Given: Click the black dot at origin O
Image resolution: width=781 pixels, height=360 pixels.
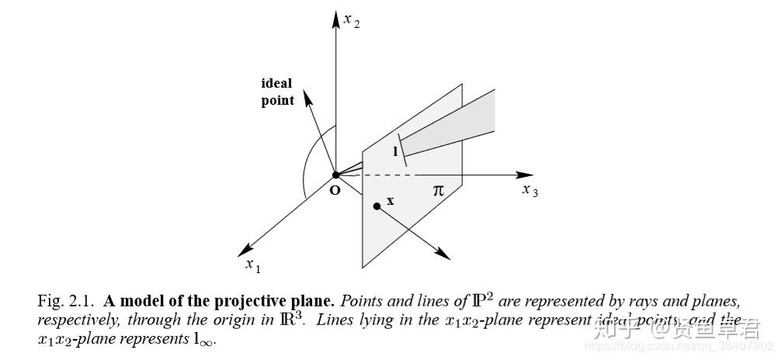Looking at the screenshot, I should [x=336, y=175].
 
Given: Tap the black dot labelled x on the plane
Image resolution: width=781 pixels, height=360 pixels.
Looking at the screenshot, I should [x=377, y=206].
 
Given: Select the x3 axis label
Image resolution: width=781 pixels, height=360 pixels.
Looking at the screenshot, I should [x=529, y=190].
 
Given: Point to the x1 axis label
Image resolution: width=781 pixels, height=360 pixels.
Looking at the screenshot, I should [x=253, y=265].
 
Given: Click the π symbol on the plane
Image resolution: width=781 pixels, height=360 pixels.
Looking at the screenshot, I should [x=438, y=189].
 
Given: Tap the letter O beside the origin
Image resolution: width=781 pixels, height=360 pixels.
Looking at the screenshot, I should [x=335, y=189].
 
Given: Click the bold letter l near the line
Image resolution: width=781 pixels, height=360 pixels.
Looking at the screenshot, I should [x=394, y=151].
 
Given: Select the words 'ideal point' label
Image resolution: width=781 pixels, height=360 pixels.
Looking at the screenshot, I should [x=276, y=92].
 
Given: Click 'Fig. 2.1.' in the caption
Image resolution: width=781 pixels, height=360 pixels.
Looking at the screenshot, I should [x=67, y=301].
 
